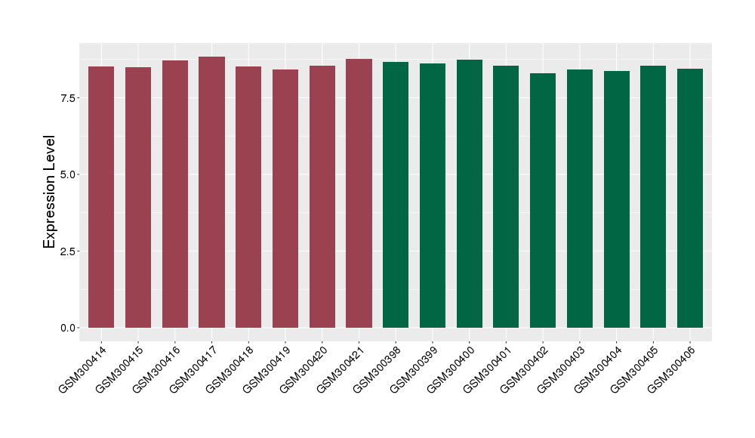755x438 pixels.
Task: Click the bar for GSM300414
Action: tap(101, 197)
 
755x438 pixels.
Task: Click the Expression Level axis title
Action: tap(50, 192)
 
